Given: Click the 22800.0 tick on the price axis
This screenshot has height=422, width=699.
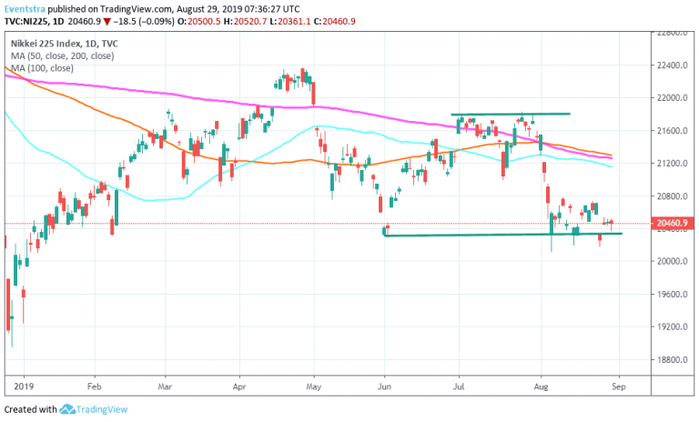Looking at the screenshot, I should tap(673, 33).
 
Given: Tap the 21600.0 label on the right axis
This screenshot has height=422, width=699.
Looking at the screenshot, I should tap(673, 131).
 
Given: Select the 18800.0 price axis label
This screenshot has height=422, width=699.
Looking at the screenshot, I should tap(673, 359).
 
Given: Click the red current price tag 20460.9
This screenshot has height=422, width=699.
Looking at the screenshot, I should tap(674, 223).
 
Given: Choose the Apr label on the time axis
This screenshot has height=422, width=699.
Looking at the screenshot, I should tap(239, 386).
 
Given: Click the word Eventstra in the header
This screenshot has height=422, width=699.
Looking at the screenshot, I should tap(25, 8).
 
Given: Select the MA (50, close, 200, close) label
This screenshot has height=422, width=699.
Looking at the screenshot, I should tap(61, 56).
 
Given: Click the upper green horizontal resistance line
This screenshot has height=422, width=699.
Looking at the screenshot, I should tap(510, 114).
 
